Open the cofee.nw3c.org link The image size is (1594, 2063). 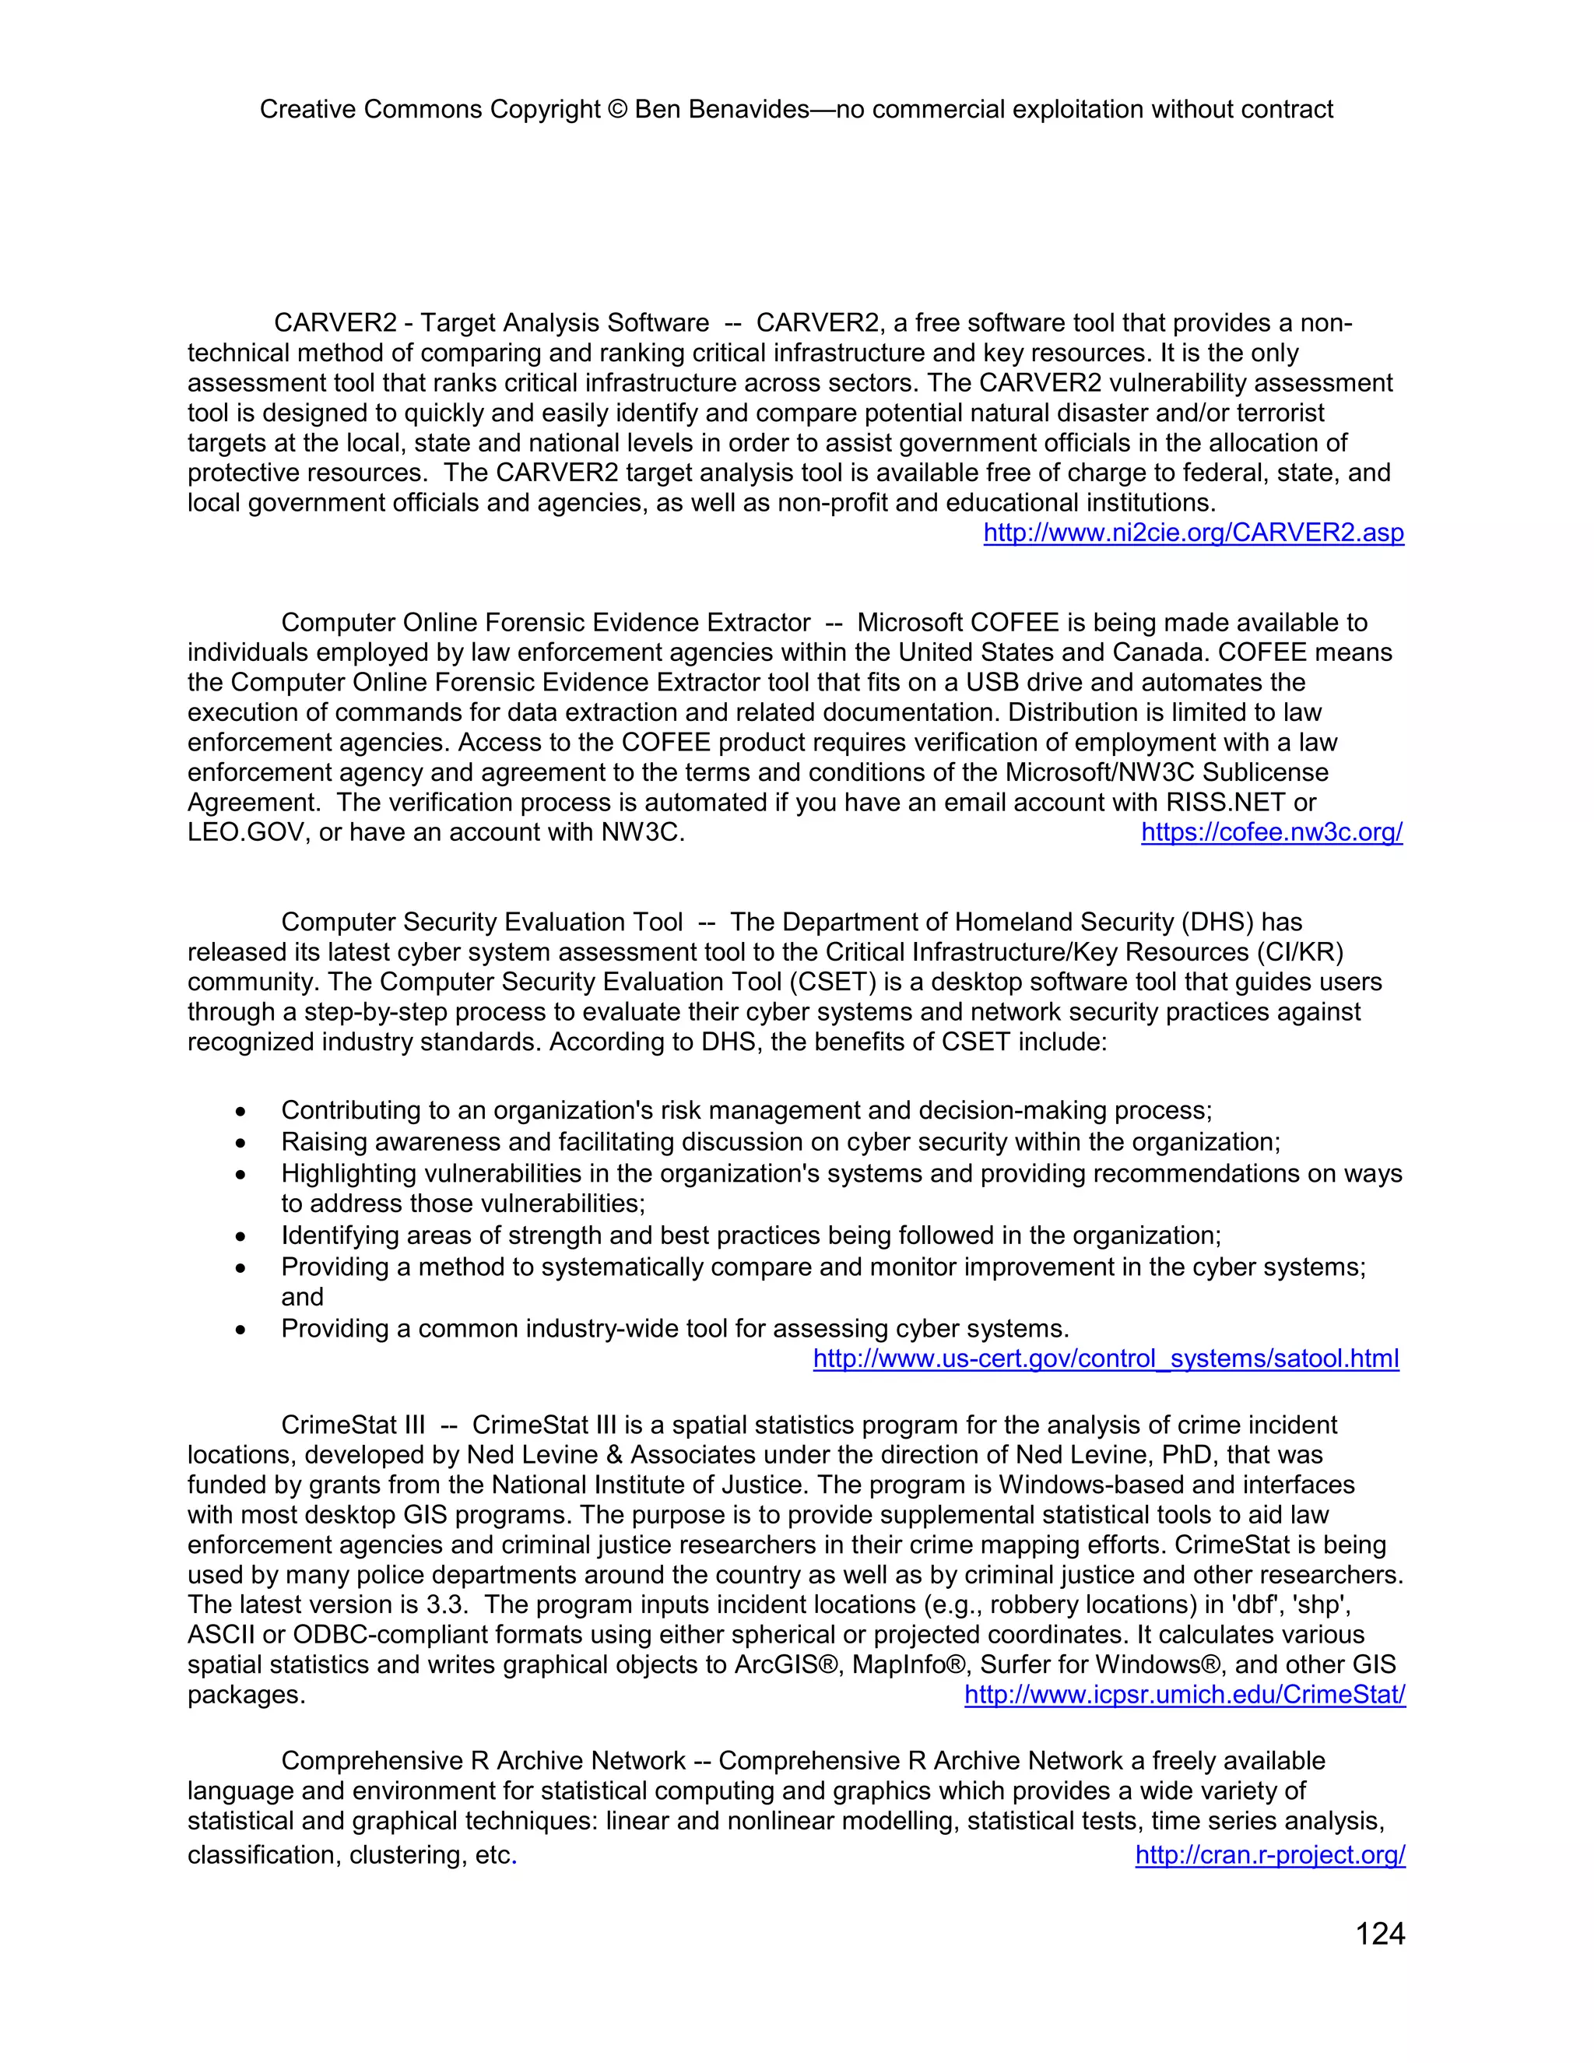point(1271,832)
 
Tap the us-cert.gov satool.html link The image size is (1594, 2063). point(1106,1358)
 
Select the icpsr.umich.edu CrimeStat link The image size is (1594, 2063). point(1184,1695)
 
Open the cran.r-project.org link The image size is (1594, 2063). point(1269,1854)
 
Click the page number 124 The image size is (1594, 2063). point(1380,1934)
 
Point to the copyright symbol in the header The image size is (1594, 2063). point(616,110)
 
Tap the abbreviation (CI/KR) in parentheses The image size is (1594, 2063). point(1299,951)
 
